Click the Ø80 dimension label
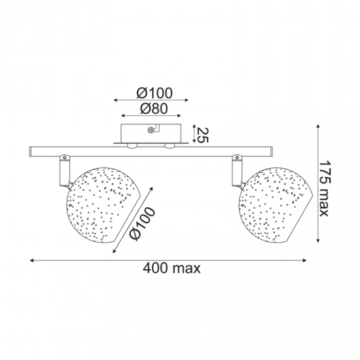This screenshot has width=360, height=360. (x=154, y=109)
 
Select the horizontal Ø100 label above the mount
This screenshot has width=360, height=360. (x=154, y=93)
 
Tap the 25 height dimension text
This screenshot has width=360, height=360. (x=202, y=135)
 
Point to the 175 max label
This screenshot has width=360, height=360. (x=325, y=189)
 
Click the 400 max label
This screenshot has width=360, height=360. (x=171, y=268)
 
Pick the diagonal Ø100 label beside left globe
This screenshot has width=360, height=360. (x=142, y=224)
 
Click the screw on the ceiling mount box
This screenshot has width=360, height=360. (x=151, y=130)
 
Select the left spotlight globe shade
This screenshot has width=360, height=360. (x=103, y=205)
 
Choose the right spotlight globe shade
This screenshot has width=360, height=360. (x=276, y=205)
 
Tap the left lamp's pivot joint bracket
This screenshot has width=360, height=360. (x=64, y=170)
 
